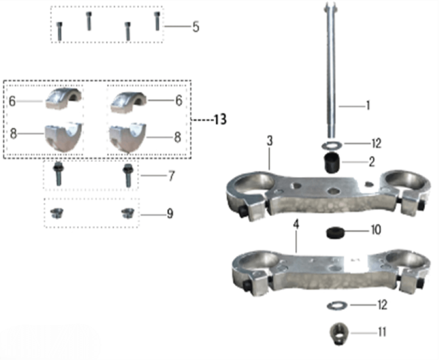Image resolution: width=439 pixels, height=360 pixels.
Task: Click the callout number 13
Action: tap(220, 119)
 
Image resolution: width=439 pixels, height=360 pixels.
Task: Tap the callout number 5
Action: tap(196, 27)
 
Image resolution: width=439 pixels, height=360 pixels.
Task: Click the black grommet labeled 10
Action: tap(335, 233)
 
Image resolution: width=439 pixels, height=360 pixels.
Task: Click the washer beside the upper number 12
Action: tap(331, 146)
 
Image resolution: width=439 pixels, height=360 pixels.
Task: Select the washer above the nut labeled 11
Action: tap(337, 306)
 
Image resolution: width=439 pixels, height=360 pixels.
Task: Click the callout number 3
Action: tap(270, 141)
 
